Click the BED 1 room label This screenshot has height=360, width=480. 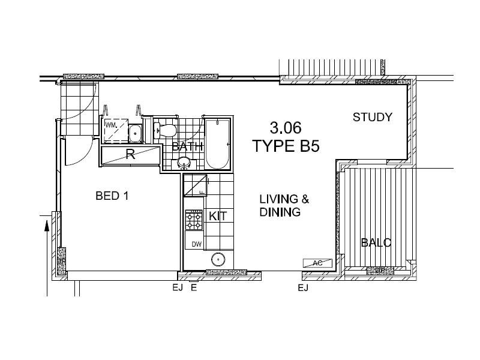point(112,196)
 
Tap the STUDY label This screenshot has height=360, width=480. point(372,117)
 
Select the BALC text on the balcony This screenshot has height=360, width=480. point(376,243)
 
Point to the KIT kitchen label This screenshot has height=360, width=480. point(218,216)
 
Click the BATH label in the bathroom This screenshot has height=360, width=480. point(188,146)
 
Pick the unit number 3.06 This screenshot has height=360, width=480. point(286,128)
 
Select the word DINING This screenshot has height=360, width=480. point(280,212)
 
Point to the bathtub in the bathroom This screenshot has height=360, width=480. point(217,145)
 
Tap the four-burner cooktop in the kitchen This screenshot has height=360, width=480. point(194,221)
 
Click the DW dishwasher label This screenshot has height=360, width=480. point(196,244)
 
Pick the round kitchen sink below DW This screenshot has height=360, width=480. point(218,260)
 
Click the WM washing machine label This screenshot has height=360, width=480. point(111,125)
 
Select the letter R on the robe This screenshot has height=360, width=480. point(130,153)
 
